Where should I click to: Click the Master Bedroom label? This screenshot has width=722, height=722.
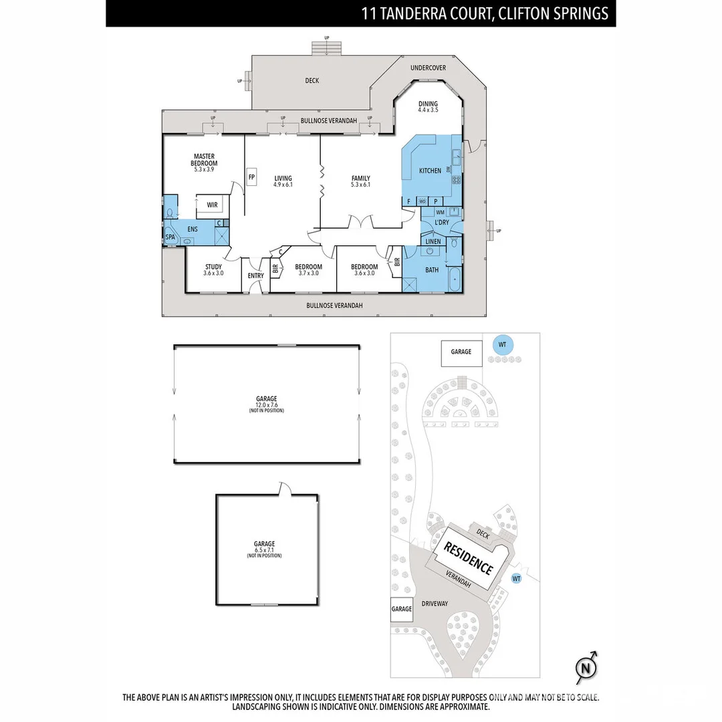[204, 163]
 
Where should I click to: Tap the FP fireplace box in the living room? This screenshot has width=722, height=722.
[252, 177]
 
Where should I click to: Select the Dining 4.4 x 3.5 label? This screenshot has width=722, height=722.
[428, 107]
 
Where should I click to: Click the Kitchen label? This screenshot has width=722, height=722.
[430, 170]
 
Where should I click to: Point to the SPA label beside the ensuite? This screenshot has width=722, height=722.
[170, 237]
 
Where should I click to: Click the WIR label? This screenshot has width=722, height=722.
[212, 205]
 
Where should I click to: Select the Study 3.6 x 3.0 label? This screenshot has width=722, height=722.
[213, 269]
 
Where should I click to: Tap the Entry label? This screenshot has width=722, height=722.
[255, 275]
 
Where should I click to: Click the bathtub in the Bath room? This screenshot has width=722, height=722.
[454, 279]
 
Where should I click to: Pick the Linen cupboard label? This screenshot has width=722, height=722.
[433, 241]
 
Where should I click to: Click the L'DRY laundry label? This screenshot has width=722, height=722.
[441, 222]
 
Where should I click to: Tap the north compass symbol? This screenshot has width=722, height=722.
[586, 667]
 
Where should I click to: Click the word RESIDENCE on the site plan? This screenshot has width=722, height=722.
[469, 558]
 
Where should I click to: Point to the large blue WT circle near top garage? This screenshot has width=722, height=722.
[503, 344]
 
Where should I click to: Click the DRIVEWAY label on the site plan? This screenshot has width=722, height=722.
[435, 603]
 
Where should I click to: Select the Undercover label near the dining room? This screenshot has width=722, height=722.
[428, 68]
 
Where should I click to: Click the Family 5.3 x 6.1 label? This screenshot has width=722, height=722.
[361, 181]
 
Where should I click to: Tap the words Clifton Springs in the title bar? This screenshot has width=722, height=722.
[554, 13]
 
